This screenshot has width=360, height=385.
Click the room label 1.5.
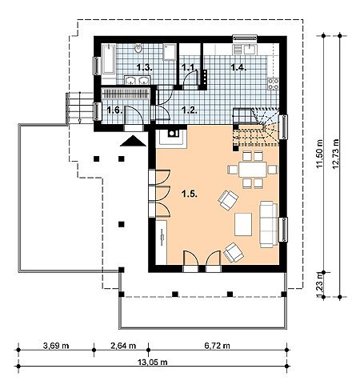pyautogui.click(x=190, y=195)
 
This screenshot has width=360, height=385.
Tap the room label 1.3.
pyautogui.click(x=145, y=67)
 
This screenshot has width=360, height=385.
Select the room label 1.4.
pyautogui.click(x=238, y=67)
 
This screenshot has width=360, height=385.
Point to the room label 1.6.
pyautogui.click(x=115, y=110)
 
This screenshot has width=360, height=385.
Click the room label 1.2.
pyautogui.click(x=190, y=110)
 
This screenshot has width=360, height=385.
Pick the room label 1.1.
pyautogui.click(x=190, y=67)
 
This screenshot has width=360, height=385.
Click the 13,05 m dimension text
pyautogui.click(x=153, y=362)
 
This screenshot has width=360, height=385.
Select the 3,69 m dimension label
pyautogui.click(x=56, y=346)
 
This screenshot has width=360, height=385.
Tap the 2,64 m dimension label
pyautogui.click(x=123, y=346)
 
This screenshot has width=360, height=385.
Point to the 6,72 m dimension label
pyautogui.click(x=217, y=346)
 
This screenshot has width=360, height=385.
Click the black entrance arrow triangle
pyautogui.click(x=133, y=141)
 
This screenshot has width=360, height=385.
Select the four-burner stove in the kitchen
pyautogui.click(x=274, y=83)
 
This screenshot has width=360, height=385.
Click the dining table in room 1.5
pyautogui.click(x=253, y=170)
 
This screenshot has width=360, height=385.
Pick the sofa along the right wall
pyautogui.click(x=269, y=224)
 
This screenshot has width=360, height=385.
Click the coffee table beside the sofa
pyautogui.click(x=243, y=224)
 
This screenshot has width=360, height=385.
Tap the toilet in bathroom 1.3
pyautogui.click(x=138, y=49)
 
